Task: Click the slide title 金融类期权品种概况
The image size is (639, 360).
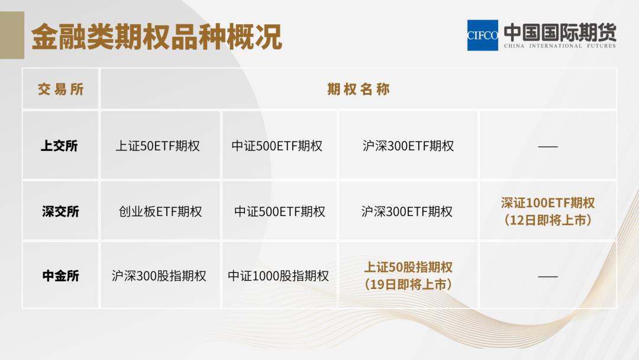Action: coord(156,37)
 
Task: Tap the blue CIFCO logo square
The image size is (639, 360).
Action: coord(482,36)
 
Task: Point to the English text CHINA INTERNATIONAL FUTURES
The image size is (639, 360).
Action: coord(560,46)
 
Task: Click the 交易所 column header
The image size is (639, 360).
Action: coord(61,89)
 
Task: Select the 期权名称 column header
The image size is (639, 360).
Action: coord(359,89)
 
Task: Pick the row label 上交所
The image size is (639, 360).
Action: coord(59,146)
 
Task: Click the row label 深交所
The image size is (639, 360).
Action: coord(60,211)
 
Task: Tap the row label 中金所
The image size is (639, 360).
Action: coord(60,275)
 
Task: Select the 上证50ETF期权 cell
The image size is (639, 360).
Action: coord(158,146)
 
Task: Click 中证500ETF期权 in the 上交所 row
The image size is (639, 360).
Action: coord(277,146)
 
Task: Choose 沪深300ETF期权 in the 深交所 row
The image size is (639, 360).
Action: coord(407,211)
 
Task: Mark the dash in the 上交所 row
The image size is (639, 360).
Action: coord(548,146)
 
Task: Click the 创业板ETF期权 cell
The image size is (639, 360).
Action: coord(160,211)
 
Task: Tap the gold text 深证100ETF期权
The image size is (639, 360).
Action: coord(548,203)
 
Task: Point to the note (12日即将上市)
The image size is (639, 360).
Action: coord(548,220)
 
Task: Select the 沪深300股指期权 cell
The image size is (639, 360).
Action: coord(159,276)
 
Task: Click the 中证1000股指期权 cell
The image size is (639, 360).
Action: coord(278,276)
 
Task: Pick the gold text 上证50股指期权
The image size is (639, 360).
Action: coord(408,268)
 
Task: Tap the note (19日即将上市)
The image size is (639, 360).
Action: coord(408,285)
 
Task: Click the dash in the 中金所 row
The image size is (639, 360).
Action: coord(548,276)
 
